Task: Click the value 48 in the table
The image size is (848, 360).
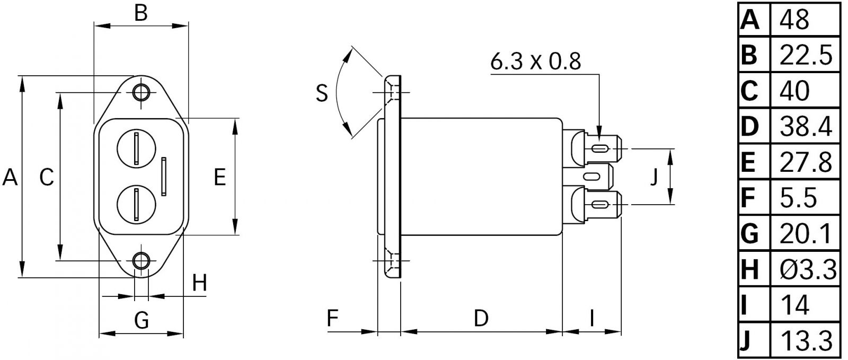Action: click(794, 20)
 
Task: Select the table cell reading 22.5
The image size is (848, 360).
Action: click(806, 55)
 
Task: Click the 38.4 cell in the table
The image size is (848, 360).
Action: click(806, 127)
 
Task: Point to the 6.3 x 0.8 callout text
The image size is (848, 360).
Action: click(535, 62)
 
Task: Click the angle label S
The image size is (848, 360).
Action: click(322, 93)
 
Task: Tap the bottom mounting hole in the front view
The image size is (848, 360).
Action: click(141, 261)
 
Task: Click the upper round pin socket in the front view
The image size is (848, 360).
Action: click(136, 148)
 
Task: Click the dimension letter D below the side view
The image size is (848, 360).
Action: click(481, 318)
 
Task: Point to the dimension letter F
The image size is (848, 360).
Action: click(332, 318)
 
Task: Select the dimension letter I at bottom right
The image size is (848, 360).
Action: click(592, 318)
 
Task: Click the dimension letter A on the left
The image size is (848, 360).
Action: click(10, 177)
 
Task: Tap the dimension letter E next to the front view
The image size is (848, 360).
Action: click(220, 177)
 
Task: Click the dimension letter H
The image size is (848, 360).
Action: click(199, 284)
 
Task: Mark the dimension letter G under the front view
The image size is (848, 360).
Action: click(142, 320)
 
